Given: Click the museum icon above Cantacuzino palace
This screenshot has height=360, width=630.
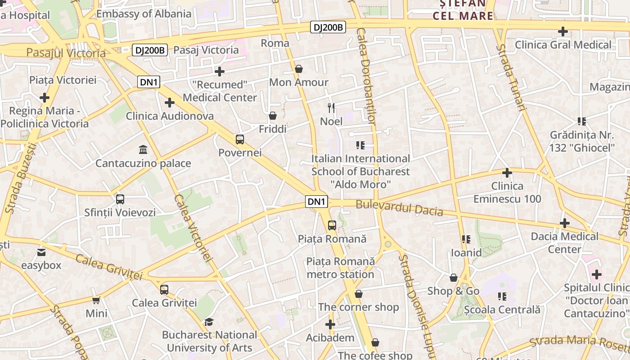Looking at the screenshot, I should click(x=143, y=149).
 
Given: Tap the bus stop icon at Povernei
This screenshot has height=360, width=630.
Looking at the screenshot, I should click(x=240, y=139).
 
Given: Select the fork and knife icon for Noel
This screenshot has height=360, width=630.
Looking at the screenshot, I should click(x=331, y=108).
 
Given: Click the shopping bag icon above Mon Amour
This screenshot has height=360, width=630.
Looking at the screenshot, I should click(x=298, y=69).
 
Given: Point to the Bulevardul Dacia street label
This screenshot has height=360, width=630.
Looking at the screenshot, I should click(x=399, y=208).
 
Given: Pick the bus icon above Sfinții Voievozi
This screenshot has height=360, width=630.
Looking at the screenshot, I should click(x=120, y=199).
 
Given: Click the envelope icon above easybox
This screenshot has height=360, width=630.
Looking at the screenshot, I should click(x=41, y=252).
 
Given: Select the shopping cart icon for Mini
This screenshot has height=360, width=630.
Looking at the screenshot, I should click(x=96, y=300).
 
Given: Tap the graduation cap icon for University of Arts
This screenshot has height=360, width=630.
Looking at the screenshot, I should click(x=209, y=322).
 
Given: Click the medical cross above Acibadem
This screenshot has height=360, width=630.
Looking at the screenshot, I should click(x=330, y=324).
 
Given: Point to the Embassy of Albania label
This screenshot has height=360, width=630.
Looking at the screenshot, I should click(x=144, y=13).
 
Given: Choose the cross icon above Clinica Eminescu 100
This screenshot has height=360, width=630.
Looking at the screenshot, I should click(x=507, y=173).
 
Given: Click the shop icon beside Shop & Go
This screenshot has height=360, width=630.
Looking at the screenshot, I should click(x=454, y=278).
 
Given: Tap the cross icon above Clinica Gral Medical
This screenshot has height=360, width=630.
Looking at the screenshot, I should click(x=562, y=31).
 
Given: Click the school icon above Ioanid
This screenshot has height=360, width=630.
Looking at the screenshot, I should click(x=466, y=239).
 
